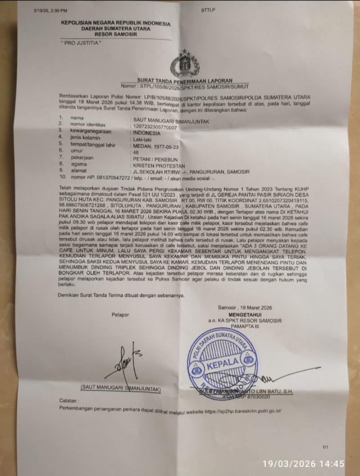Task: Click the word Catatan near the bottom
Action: (69, 399)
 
